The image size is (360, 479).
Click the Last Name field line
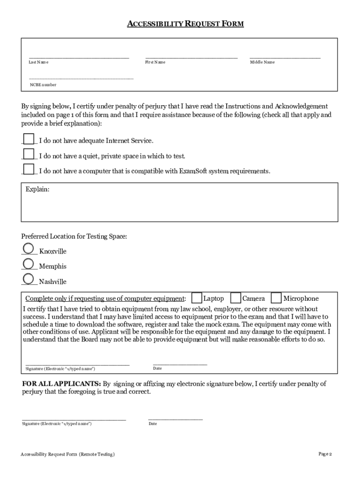click(x=79, y=57)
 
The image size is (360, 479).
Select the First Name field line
click(x=191, y=57)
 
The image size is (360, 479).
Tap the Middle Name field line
click(x=285, y=57)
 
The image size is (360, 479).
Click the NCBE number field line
click(x=81, y=78)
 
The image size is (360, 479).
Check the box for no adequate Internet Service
click(x=29, y=139)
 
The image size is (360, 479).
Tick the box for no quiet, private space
click(x=29, y=154)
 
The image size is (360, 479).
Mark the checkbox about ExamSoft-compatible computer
click(x=29, y=169)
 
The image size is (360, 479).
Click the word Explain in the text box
click(x=37, y=190)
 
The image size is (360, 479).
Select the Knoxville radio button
click(x=28, y=248)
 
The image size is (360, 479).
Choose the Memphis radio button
click(x=28, y=263)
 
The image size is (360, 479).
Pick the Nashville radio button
click(x=28, y=279)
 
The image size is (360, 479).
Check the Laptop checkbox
click(x=197, y=298)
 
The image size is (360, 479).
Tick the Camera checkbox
click(x=236, y=298)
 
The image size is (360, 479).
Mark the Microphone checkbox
click(x=276, y=298)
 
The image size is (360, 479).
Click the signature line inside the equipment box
click(x=77, y=363)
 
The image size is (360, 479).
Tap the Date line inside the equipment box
click(x=180, y=363)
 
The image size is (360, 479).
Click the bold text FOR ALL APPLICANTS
click(x=61, y=384)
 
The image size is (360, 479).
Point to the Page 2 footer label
click(x=325, y=454)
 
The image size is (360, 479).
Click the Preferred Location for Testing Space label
click(x=74, y=237)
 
